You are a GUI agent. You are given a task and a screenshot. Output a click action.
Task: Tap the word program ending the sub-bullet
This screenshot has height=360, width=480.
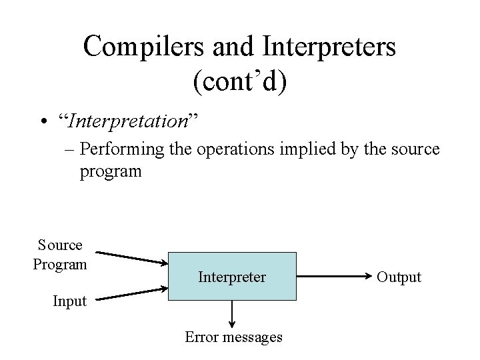point(110,171)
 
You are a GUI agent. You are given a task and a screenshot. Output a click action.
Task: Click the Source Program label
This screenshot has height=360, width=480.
point(60,255)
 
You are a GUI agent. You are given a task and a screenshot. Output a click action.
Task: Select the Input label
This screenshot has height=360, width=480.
point(69,301)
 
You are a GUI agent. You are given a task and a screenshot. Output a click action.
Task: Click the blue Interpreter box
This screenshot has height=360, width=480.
point(232,276)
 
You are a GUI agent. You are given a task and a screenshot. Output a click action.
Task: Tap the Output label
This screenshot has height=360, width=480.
point(399,277)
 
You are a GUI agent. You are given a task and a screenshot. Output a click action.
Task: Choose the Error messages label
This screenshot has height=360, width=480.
point(233,337)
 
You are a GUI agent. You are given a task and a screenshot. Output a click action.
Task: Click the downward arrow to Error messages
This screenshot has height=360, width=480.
point(232,311)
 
